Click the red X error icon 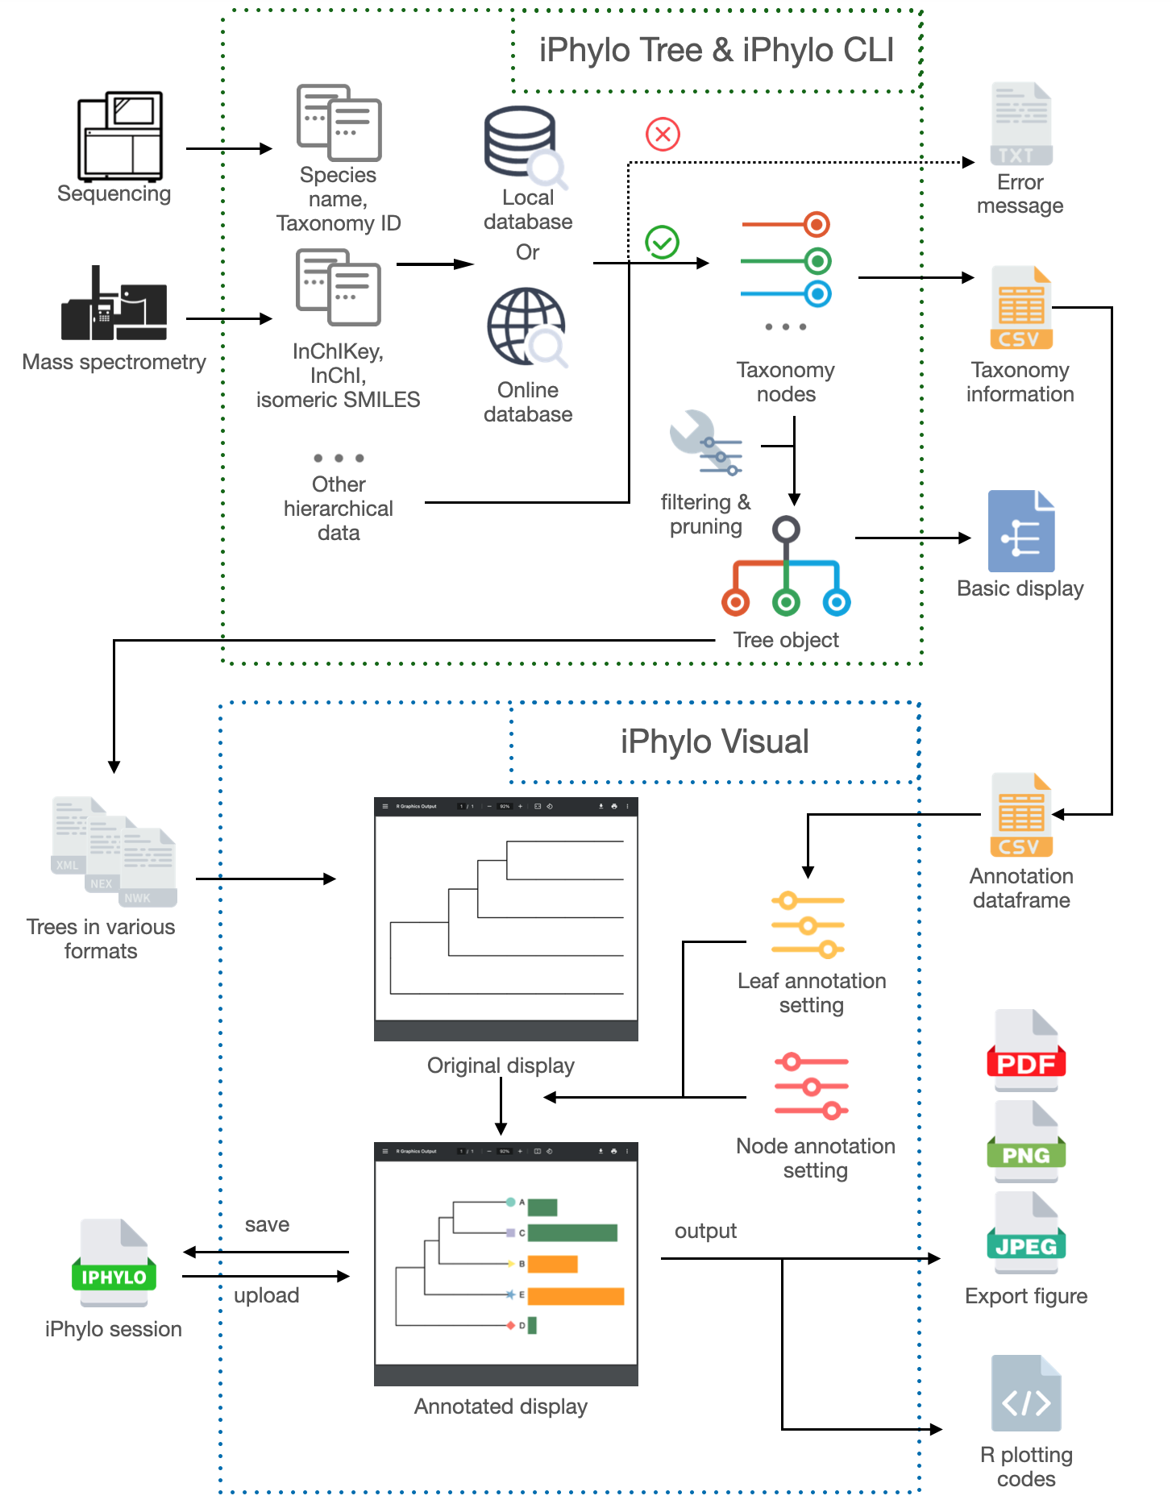pyautogui.click(x=663, y=134)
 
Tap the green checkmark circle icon pyautogui.click(x=662, y=242)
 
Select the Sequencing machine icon pyautogui.click(x=120, y=136)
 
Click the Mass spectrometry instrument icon pyautogui.click(x=114, y=304)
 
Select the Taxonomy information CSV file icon pyautogui.click(x=1021, y=308)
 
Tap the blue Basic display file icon pyautogui.click(x=1021, y=531)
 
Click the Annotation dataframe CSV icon pyautogui.click(x=1021, y=815)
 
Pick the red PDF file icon pyautogui.click(x=1026, y=1050)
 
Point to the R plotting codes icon pyautogui.click(x=1026, y=1394)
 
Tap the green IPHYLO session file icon pyautogui.click(x=114, y=1263)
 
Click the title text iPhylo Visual pyautogui.click(x=714, y=742)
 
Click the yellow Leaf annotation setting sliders pyautogui.click(x=808, y=924)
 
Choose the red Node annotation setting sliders pyautogui.click(x=811, y=1086)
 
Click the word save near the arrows pyautogui.click(x=267, y=1225)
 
